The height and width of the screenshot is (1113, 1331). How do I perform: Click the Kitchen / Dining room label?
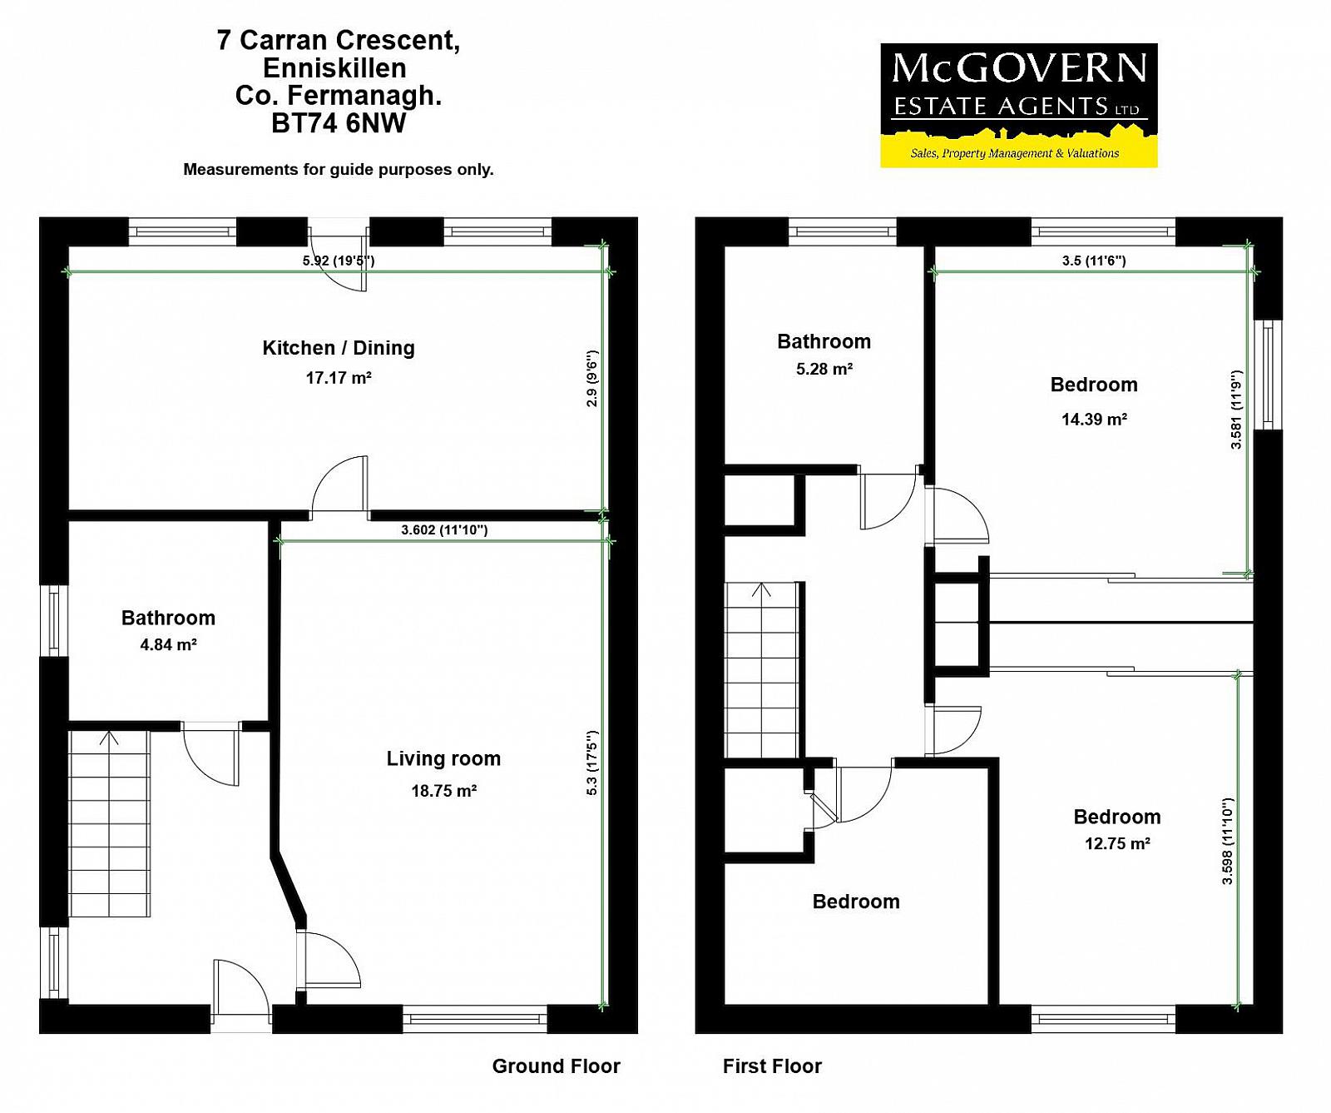pyautogui.click(x=339, y=348)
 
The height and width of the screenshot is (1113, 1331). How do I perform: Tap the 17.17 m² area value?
pyautogui.click(x=339, y=378)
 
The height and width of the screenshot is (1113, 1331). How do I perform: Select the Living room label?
pyautogui.click(x=443, y=759)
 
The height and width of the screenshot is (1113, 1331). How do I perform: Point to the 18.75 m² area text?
pyautogui.click(x=444, y=791)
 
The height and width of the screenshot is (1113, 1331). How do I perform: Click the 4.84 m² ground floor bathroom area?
pyautogui.click(x=168, y=644)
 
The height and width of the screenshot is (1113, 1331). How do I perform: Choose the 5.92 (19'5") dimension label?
pyautogui.click(x=339, y=261)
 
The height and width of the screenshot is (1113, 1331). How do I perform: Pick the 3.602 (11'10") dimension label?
pyautogui.click(x=444, y=529)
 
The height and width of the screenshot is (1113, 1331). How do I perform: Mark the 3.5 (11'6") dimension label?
pyautogui.click(x=1094, y=261)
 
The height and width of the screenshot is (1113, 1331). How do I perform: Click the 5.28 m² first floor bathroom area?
pyautogui.click(x=824, y=369)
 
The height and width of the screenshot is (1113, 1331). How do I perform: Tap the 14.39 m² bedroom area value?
pyautogui.click(x=1094, y=420)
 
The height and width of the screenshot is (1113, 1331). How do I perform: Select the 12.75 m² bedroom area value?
pyautogui.click(x=1117, y=843)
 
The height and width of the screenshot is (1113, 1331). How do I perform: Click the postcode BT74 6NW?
pyautogui.click(x=339, y=123)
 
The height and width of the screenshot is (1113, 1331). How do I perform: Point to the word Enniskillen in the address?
pyautogui.click(x=334, y=68)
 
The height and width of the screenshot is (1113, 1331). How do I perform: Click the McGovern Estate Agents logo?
pyautogui.click(x=1019, y=106)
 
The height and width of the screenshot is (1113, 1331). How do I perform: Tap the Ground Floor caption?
pyautogui.click(x=557, y=1066)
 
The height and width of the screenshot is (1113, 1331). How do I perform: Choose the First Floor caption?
pyautogui.click(x=772, y=1066)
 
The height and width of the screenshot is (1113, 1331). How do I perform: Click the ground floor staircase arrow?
pyautogui.click(x=109, y=738)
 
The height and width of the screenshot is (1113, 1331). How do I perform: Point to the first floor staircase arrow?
pyautogui.click(x=761, y=590)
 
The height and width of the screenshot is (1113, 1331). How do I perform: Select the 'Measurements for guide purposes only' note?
pyautogui.click(x=339, y=170)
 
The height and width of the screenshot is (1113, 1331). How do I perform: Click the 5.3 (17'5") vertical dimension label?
pyautogui.click(x=591, y=763)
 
